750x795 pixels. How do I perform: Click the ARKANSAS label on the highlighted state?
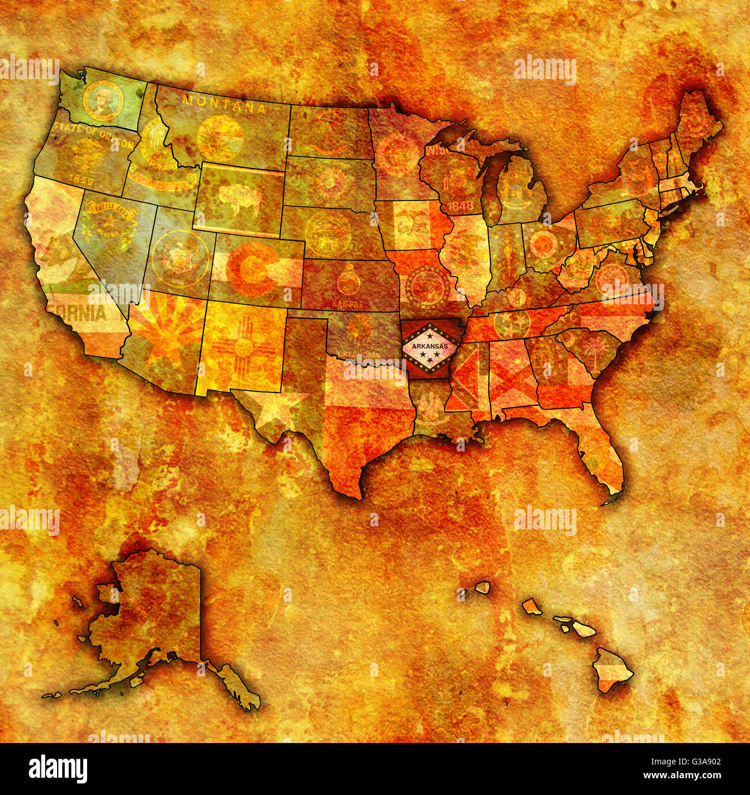click(x=430, y=346)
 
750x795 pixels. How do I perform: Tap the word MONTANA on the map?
click(x=224, y=104)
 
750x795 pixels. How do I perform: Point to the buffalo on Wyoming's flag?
click(x=239, y=199)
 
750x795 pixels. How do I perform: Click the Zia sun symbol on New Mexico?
click(x=242, y=346)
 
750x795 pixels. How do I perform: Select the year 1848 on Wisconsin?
click(x=460, y=205)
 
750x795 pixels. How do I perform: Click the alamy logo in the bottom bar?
click(x=58, y=769)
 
